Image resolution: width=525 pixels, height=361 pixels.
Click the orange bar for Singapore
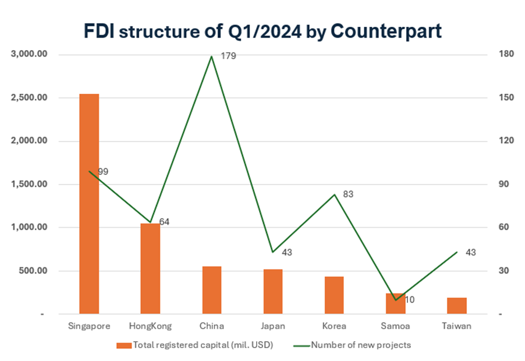coord(89,204)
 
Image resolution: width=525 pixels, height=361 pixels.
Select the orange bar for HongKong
coord(150,268)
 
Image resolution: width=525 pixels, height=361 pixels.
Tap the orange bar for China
coord(212,290)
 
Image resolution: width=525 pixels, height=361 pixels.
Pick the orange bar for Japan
coord(272,292)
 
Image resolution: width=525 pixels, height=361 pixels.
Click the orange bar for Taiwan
coord(457,306)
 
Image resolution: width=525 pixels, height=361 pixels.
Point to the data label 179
coord(228,56)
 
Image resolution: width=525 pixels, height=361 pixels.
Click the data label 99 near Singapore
coord(103,172)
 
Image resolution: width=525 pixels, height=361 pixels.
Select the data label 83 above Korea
coord(348,194)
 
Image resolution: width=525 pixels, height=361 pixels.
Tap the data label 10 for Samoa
coord(409,300)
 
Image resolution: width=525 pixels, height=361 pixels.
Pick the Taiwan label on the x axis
coord(456,326)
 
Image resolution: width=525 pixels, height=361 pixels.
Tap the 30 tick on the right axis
coord(502,271)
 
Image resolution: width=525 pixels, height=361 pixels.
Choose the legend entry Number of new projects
coord(361,345)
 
